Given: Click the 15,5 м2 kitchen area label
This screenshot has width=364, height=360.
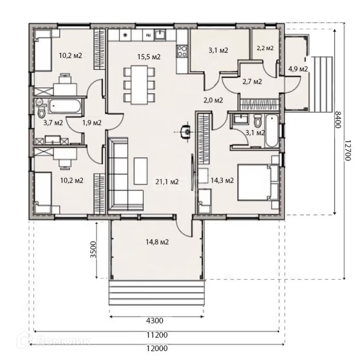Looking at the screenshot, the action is tap(149, 57).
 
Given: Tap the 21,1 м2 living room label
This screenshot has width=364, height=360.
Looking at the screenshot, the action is tap(167, 182).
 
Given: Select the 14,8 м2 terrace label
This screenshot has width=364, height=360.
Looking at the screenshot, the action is tap(157, 242).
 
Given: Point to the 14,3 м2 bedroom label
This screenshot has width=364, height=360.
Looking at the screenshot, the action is tap(222, 180).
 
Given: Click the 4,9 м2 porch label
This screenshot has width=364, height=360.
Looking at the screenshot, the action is tap(298, 69).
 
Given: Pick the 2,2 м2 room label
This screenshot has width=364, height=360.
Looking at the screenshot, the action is tap(265, 48).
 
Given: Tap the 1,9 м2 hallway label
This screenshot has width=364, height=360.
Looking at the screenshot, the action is tap(92, 122).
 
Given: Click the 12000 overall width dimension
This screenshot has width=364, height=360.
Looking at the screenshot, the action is tap(157, 348).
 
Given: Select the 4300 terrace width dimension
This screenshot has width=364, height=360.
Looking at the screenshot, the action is tap(155, 321).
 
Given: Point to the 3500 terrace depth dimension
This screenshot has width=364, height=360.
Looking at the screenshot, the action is tap(93, 250).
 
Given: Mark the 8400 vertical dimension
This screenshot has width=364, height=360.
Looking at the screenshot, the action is tap(338, 120).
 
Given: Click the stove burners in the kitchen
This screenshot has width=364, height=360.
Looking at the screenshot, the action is tap(181, 51).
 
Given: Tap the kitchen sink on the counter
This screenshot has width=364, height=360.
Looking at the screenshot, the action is tap(160, 34).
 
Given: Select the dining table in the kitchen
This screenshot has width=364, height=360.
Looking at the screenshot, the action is tap(139, 85).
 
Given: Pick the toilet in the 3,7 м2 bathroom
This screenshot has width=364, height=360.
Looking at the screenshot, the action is tap(41, 110).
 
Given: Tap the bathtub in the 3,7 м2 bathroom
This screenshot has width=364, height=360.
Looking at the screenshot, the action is tap(64, 106).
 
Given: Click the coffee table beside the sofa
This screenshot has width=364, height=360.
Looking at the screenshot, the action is tap(141, 171).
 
